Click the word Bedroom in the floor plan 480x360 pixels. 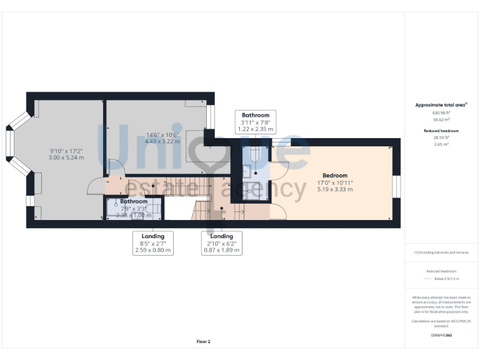click(x=335, y=176)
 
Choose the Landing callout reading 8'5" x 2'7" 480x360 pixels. click(x=152, y=243)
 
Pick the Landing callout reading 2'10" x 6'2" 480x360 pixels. click(x=222, y=243)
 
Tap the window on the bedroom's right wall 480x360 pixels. click(x=396, y=187)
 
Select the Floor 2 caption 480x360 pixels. click(x=204, y=342)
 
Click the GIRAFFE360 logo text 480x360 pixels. click(x=441, y=336)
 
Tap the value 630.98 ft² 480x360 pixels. click(x=441, y=112)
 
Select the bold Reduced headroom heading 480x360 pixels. click(x=441, y=131)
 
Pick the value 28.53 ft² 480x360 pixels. click(x=441, y=137)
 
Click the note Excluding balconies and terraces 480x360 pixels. click(x=441, y=252)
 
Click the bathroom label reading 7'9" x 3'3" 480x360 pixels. click(x=134, y=209)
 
